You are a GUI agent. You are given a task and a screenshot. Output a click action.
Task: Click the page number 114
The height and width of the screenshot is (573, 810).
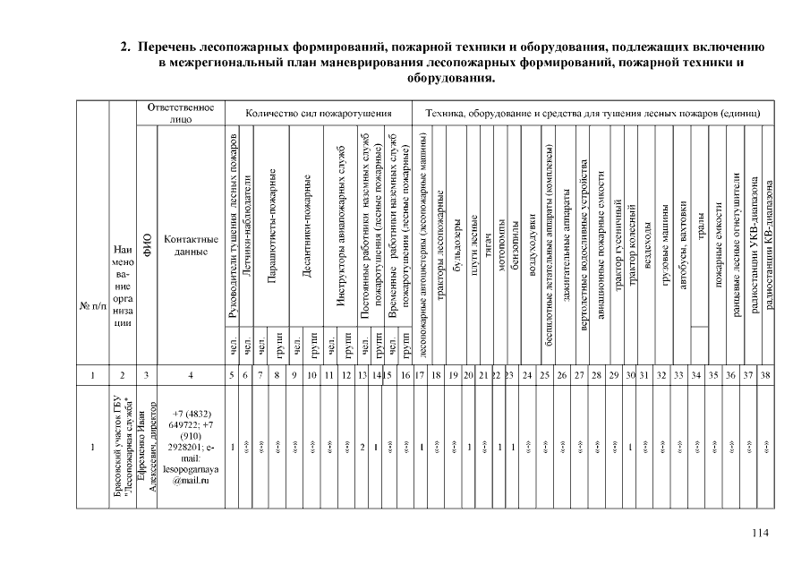click(x=761, y=534)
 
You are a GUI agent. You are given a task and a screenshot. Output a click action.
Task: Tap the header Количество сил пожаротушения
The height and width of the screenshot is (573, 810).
click(x=320, y=114)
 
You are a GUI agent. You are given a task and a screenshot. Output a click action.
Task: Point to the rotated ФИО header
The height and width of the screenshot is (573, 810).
click(x=149, y=244)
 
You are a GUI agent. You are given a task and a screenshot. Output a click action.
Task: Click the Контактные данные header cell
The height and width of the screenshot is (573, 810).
click(x=190, y=245)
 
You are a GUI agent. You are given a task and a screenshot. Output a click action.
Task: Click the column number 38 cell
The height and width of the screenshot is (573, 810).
click(x=765, y=376)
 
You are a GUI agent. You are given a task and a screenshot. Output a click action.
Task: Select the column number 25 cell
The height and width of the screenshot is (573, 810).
click(x=544, y=376)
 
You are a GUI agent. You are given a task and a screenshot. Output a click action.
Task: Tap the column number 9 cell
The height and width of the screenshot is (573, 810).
click(x=294, y=376)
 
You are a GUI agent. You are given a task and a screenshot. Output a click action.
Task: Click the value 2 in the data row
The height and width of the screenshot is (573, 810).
click(x=362, y=446)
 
